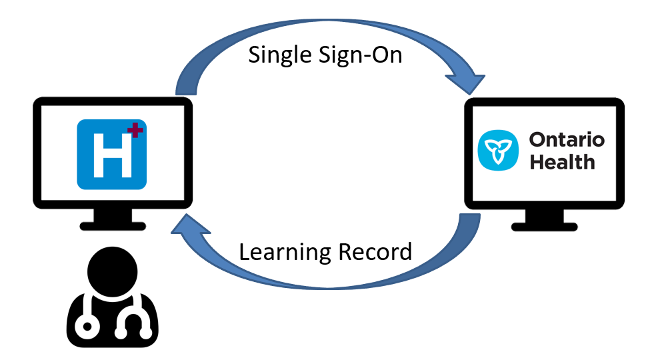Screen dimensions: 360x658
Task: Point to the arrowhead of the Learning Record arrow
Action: [182, 230]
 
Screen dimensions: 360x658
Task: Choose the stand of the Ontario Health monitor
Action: [544, 215]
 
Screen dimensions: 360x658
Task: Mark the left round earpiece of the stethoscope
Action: [86, 327]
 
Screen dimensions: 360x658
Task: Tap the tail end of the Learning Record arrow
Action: [471, 220]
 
